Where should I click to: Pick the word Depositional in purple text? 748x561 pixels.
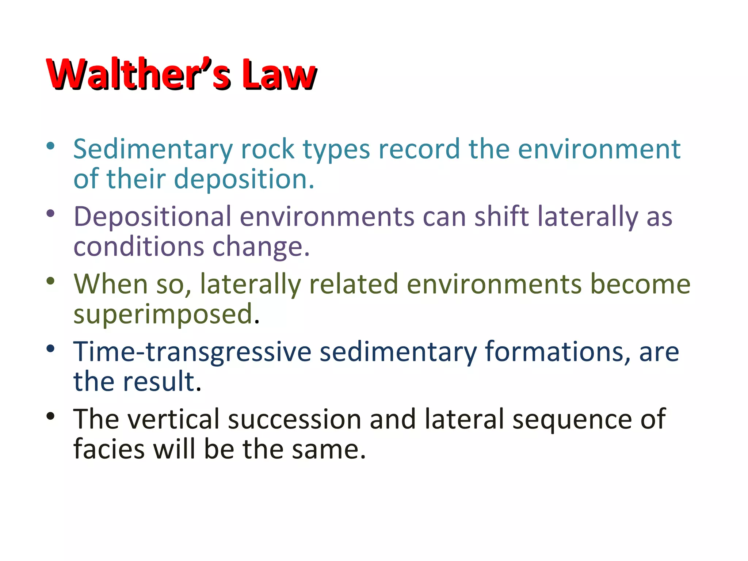tap(152, 217)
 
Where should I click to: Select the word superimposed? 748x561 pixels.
tap(163, 314)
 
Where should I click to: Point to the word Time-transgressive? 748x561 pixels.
tap(192, 352)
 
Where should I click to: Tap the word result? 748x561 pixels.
tap(162, 381)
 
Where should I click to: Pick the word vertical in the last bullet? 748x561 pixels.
tap(173, 419)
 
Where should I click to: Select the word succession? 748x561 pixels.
tap(294, 419)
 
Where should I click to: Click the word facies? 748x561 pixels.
tap(109, 449)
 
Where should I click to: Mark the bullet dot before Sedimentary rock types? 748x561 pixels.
tap(50, 146)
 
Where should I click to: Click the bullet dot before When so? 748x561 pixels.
tap(50, 281)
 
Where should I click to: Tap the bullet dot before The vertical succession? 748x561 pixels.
tap(50, 416)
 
